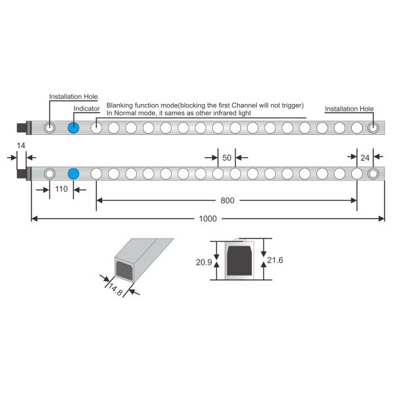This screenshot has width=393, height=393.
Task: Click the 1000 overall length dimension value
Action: point(208,219)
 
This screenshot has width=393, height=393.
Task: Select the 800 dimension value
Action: point(227,200)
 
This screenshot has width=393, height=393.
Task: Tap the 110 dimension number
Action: point(62,189)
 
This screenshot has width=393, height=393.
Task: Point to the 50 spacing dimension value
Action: point(227,158)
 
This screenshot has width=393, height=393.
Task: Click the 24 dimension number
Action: point(365,158)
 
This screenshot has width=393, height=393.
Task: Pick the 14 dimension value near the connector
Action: point(21,145)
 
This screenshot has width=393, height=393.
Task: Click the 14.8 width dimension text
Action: point(115,290)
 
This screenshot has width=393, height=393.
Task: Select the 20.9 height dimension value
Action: point(204,263)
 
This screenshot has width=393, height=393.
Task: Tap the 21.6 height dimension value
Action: point(275,260)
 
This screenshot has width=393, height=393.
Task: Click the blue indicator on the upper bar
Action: point(73,128)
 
